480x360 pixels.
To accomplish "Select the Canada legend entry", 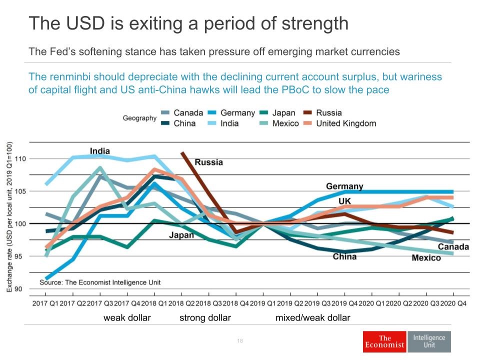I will [x=181, y=113].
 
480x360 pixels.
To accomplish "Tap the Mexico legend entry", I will [x=277, y=123].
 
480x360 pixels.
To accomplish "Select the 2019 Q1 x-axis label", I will [x=263, y=302].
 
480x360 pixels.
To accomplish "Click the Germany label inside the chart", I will [x=344, y=186].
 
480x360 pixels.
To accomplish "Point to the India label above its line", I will [x=100, y=151].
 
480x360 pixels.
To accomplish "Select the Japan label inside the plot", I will [x=181, y=235].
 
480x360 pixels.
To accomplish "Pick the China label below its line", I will [x=344, y=256].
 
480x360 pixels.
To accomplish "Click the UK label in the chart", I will [x=344, y=201].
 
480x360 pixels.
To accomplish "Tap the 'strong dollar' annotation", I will [x=205, y=318].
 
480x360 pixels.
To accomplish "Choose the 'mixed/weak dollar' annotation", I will [x=313, y=318].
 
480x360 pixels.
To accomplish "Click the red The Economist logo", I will [x=384, y=341].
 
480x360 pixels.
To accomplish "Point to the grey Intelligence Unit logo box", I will [x=429, y=341].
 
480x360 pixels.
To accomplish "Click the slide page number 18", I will [x=240, y=341].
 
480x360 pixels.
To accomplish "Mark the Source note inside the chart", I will [x=100, y=282].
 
